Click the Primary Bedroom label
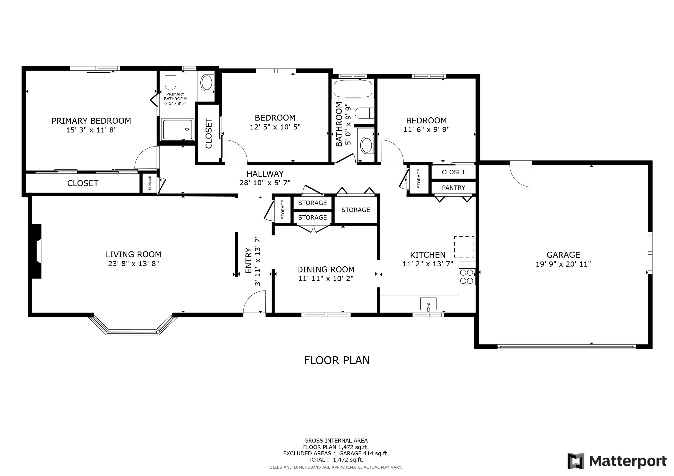[x=91, y=121]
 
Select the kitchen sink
[x=428, y=304]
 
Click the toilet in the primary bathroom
[x=170, y=80]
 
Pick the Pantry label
[x=453, y=188]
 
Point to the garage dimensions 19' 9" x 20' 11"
[x=563, y=264]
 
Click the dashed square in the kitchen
[x=464, y=247]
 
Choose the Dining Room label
[x=326, y=269]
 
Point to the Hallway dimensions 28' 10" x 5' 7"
[x=265, y=183]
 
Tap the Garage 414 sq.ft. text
[x=364, y=453]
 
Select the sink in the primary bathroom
[x=207, y=83]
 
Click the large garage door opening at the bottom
[x=567, y=346]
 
